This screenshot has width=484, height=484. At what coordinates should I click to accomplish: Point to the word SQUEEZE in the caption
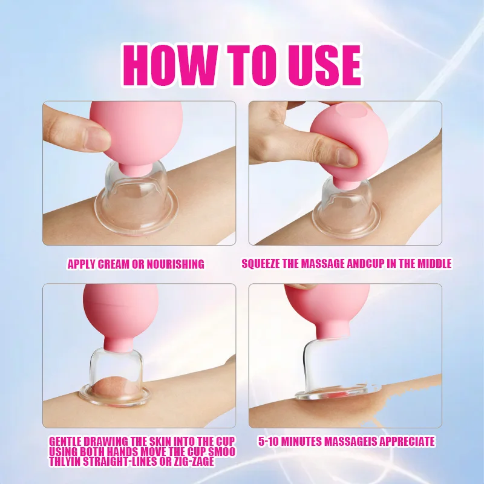tap(261, 264)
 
